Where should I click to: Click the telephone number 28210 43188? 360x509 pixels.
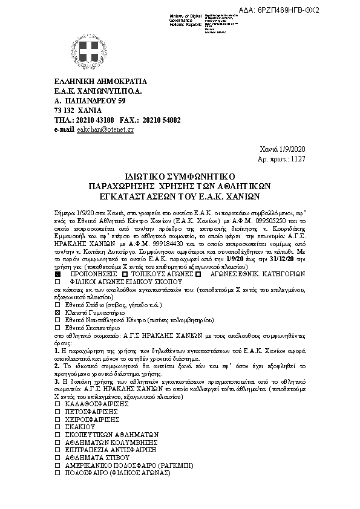point(95,120)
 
